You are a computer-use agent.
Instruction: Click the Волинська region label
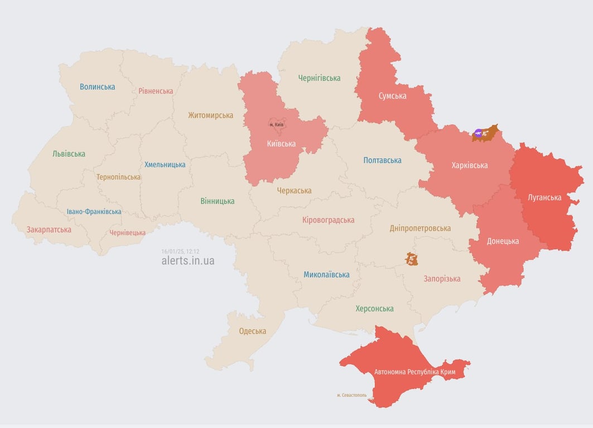point(97,87)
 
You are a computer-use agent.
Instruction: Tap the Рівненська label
point(156,91)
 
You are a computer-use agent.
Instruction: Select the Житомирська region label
point(210,115)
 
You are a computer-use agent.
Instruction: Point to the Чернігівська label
point(319,78)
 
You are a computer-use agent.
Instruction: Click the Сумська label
point(392,96)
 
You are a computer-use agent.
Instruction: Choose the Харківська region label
point(469,166)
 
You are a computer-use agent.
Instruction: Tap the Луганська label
point(544,197)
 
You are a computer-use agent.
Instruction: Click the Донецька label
point(503,241)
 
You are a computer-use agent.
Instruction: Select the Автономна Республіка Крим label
point(414,372)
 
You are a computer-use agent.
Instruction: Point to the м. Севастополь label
point(351,395)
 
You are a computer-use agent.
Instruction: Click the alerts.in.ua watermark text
point(187,261)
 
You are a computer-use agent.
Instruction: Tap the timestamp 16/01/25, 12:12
point(180,251)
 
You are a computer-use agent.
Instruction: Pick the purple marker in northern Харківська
point(478,133)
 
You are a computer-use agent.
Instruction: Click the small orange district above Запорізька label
point(412,259)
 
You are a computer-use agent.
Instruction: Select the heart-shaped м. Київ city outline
point(277,125)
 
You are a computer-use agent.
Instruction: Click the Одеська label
point(252,331)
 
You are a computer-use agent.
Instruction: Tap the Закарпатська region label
point(49,230)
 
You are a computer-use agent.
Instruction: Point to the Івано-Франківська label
point(94,212)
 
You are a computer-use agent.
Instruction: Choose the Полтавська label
point(382,160)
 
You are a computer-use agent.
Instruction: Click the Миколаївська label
point(326,275)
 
